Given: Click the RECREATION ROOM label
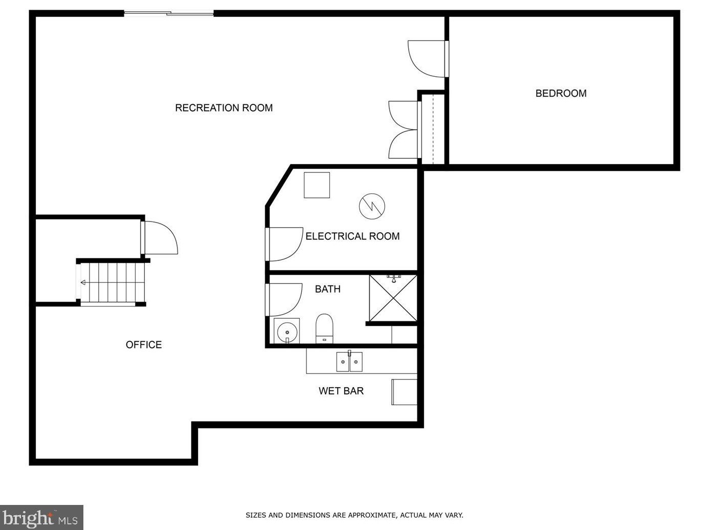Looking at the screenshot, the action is click(224, 108).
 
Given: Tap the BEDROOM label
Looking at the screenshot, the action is click(561, 93).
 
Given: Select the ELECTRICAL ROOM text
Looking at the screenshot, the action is click(352, 236).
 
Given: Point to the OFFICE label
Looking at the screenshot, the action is click(144, 345).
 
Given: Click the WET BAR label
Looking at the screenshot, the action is click(341, 391).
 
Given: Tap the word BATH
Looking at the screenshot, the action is click(327, 289).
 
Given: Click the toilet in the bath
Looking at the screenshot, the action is click(324, 328).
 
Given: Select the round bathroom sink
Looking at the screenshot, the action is click(287, 331).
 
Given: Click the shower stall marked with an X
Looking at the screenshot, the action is click(393, 298).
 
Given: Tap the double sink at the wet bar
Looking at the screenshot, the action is click(349, 362).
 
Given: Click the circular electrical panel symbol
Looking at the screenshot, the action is click(372, 206).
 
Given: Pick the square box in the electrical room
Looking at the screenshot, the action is click(317, 185).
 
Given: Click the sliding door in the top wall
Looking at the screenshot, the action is click(169, 13).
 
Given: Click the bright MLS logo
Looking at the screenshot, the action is click(41, 517).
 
